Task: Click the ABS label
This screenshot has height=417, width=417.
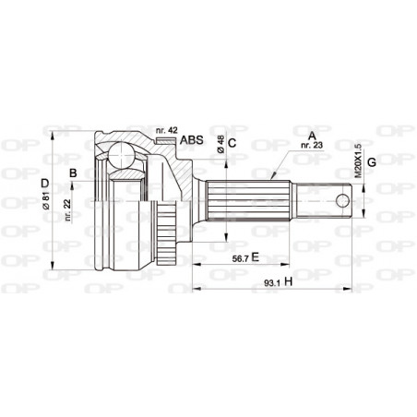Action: (x=191, y=140)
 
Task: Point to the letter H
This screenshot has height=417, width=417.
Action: (x=289, y=282)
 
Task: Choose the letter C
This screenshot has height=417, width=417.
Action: (x=232, y=142)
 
